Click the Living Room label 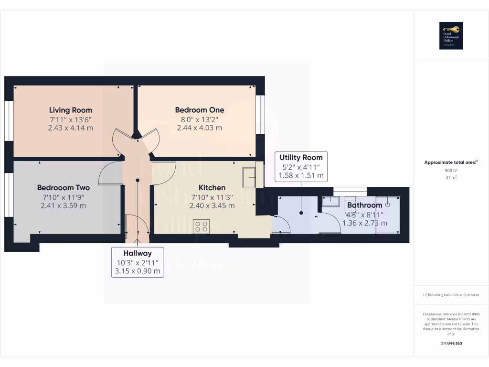[x=71, y=110]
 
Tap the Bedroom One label [x=199, y=110]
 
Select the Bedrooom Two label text [x=64, y=188]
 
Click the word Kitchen [x=212, y=188]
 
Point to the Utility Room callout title [x=301, y=157]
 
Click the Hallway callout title [x=138, y=253]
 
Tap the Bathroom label [x=364, y=205]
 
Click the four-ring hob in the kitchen [x=202, y=226]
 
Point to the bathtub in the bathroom [x=388, y=215]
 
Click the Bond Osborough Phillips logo [x=451, y=36]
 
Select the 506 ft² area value [x=451, y=170]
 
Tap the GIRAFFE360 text [x=451, y=344]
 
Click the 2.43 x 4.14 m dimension [x=71, y=128]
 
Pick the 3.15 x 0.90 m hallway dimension [x=138, y=271]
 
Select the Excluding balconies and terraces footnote [x=451, y=295]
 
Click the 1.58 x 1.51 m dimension [x=301, y=175]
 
